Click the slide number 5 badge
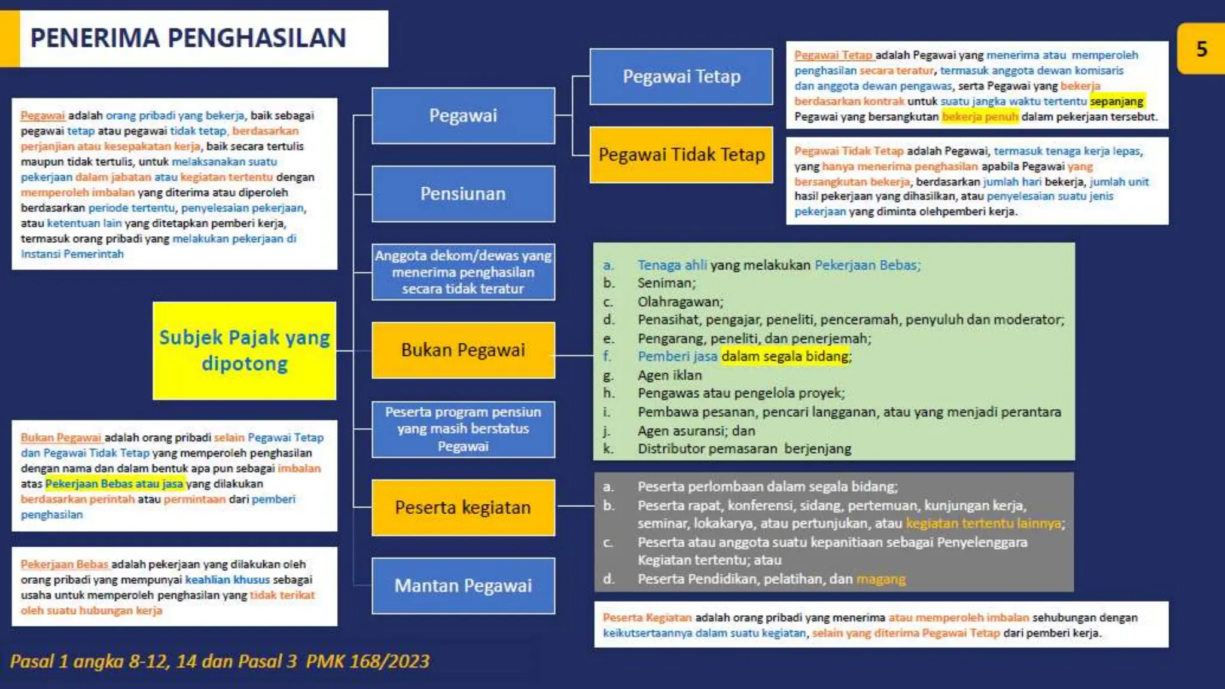point(1201,49)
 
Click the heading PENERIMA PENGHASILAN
point(188,38)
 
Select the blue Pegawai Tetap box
point(681,77)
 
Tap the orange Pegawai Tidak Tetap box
point(681,155)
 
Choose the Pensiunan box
point(463,194)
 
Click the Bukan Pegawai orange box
point(463,350)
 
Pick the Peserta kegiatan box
point(463,507)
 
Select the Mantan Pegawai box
point(463,586)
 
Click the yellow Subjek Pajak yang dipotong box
point(244,350)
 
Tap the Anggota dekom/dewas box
point(463,272)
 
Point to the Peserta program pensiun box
point(463,429)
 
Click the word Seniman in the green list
point(666,283)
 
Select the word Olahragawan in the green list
point(680,301)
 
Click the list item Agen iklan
point(669,375)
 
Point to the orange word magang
point(880,579)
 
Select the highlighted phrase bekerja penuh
point(980,117)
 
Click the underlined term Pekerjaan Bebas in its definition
point(65,564)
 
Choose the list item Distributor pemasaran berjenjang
point(744,449)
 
